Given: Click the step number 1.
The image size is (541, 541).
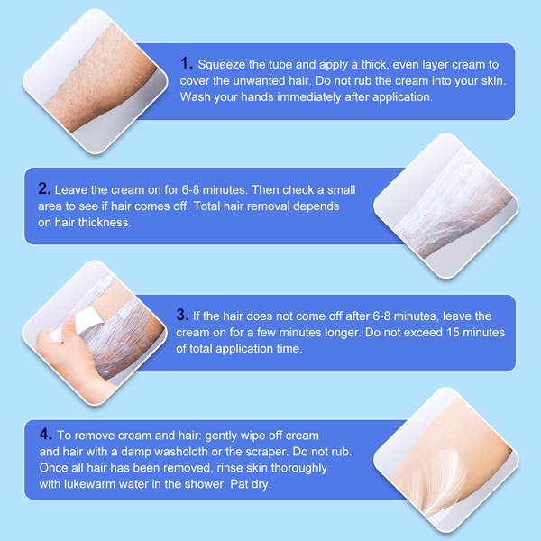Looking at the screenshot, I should [186, 63].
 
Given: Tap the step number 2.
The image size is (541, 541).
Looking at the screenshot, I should [44, 189].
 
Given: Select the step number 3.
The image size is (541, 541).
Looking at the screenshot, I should [182, 316].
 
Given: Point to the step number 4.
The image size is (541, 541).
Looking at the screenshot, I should [45, 435].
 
